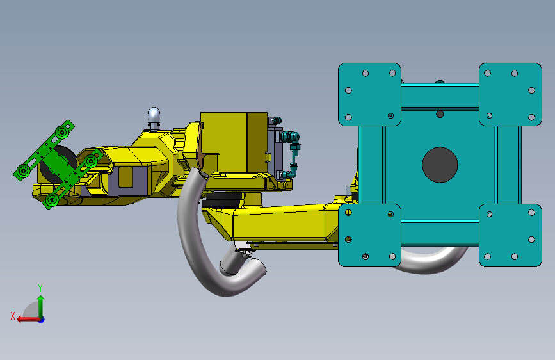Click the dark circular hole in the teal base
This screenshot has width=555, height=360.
[x=440, y=165]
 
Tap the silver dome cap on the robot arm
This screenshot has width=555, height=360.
[x=154, y=113]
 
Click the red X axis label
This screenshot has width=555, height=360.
[x=13, y=316]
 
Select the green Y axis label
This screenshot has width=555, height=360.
[x=40, y=288]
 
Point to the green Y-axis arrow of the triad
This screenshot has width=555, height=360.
[x=41, y=307]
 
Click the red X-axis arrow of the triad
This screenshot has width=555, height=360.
[x=28, y=320]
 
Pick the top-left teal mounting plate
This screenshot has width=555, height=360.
[x=369, y=95]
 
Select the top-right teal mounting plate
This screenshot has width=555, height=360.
[x=510, y=95]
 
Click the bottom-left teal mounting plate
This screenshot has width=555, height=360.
[x=369, y=235]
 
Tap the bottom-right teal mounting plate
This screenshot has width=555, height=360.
[x=510, y=235]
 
